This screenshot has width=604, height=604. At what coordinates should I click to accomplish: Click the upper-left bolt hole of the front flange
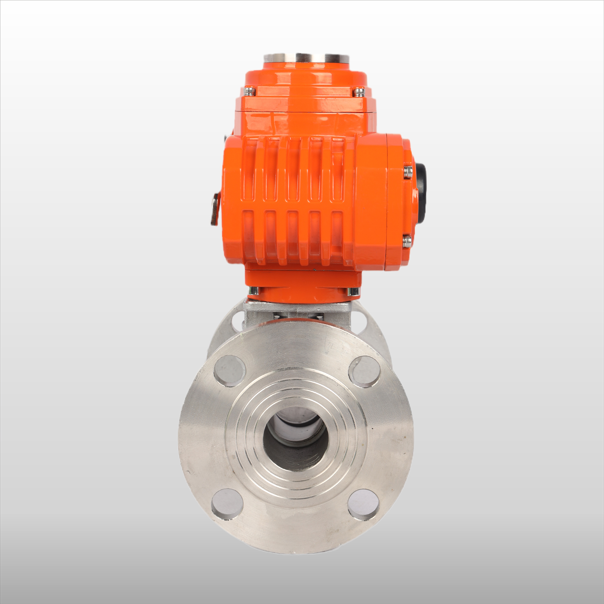tap(230, 371)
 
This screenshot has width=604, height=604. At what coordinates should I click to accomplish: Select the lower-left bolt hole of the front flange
tap(227, 504)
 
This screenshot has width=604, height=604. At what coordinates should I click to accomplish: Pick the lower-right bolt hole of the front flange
tap(364, 505)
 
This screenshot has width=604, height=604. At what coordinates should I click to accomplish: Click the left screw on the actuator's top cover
tap(250, 91)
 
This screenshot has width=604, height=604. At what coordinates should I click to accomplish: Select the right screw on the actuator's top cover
tap(358, 92)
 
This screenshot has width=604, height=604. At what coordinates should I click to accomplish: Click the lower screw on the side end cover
tap(407, 241)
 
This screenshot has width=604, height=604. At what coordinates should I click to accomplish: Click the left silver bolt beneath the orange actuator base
tap(254, 291)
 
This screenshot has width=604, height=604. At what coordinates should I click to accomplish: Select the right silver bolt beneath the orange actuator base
tap(353, 291)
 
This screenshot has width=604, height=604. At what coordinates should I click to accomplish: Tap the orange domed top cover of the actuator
tap(306, 85)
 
